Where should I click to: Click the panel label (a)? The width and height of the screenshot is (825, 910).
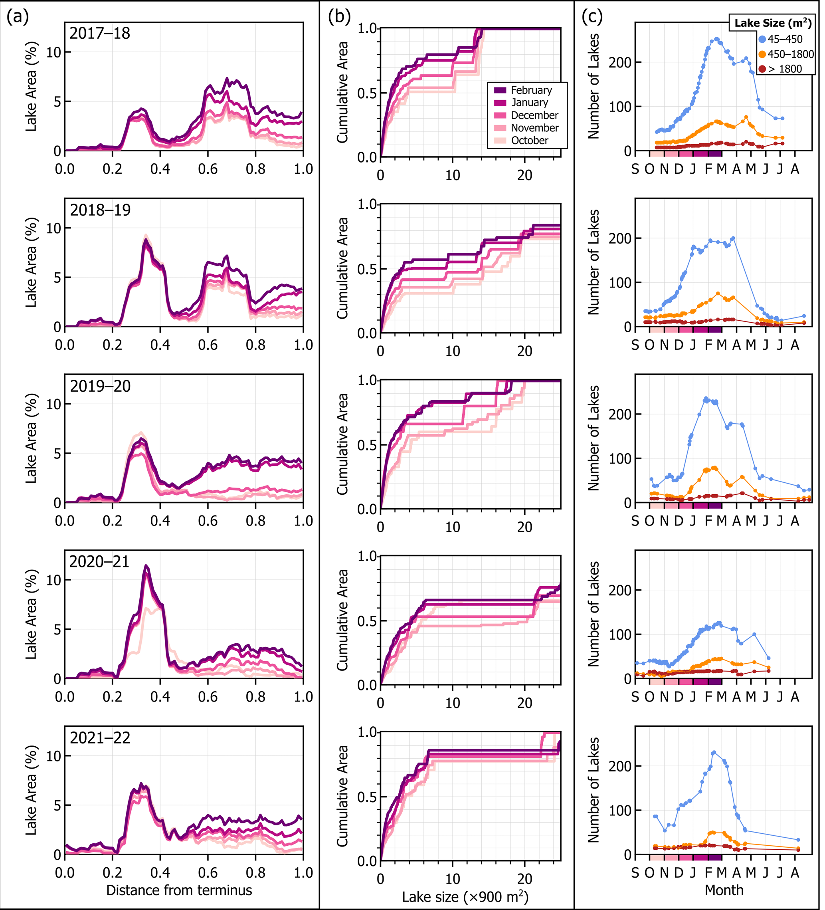coord(18,17)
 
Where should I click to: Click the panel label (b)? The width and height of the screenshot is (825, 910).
coord(339,17)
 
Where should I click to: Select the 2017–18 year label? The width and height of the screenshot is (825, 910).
coord(100,34)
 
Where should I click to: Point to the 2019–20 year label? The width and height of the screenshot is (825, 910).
coord(100,387)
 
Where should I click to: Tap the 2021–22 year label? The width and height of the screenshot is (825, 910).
coord(100,738)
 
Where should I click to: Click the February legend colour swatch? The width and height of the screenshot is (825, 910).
coord(500,90)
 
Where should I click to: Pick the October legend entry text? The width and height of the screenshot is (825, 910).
coord(529,141)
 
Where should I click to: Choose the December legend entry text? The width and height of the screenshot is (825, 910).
coord(534,115)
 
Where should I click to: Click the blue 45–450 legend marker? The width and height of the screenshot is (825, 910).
coord(762,39)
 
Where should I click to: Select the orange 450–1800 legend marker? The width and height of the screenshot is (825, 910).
coord(762,55)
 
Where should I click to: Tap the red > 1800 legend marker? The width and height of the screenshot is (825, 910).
coord(762,69)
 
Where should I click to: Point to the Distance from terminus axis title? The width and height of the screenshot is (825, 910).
coord(179,890)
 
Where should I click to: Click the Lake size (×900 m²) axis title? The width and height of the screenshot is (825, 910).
coord(465,896)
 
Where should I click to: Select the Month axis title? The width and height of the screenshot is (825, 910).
coord(724,890)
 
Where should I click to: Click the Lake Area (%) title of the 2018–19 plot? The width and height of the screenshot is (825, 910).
coord(31,263)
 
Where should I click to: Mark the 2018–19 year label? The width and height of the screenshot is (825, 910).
coord(100,210)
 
